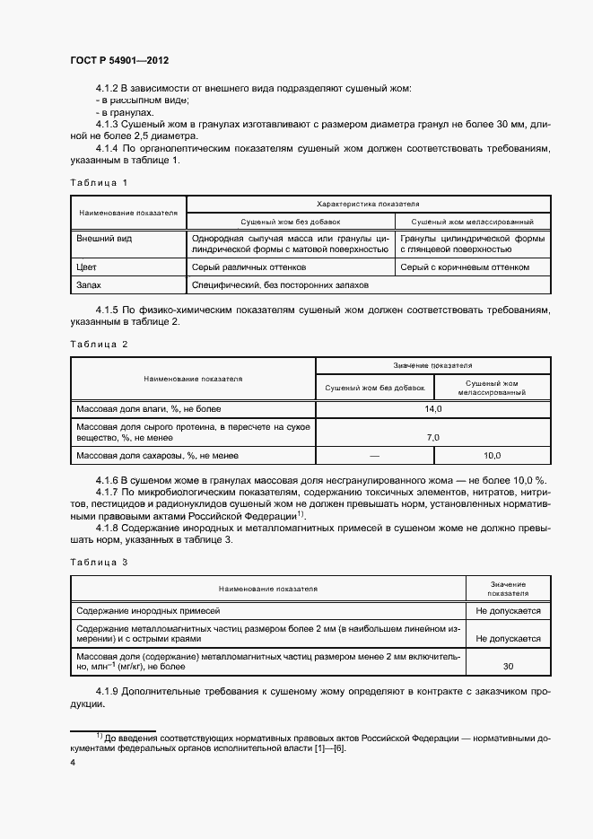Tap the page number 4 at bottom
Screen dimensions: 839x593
(x=74, y=762)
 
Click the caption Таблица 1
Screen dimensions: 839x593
(x=99, y=183)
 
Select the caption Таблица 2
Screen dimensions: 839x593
(x=99, y=345)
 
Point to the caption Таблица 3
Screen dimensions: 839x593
(x=99, y=562)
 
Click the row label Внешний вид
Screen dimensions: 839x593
(x=104, y=240)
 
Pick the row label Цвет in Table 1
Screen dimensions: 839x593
(x=88, y=267)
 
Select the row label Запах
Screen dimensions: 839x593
(x=91, y=284)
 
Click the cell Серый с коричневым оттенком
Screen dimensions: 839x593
(x=464, y=267)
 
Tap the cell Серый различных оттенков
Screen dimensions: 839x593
(x=249, y=267)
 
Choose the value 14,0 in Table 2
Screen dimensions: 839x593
(x=432, y=408)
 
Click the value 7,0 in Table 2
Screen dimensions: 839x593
(x=432, y=437)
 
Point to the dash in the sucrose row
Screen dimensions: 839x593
(x=374, y=456)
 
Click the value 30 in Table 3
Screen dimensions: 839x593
(x=507, y=667)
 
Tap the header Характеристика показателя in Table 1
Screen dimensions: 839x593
(x=368, y=205)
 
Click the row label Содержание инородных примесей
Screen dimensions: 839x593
(x=148, y=610)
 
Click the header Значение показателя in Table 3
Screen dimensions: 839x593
(x=507, y=589)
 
